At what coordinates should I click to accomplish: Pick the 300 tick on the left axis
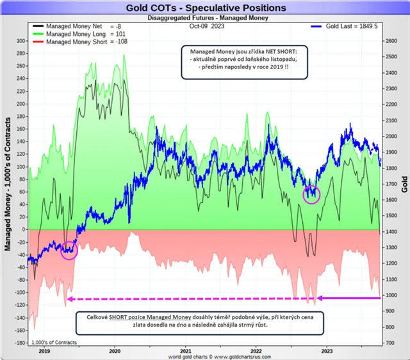tap(20, 41)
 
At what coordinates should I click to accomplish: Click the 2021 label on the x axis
tap(186, 351)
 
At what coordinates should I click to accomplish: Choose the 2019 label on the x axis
tap(44, 351)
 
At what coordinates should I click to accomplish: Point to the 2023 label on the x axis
tap(327, 351)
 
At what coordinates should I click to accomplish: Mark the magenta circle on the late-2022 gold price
tap(311, 194)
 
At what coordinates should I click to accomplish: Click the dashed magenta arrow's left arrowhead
tap(70, 299)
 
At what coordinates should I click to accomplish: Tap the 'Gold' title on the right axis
tap(404, 186)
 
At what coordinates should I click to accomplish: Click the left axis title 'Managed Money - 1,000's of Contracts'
tap(8, 186)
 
